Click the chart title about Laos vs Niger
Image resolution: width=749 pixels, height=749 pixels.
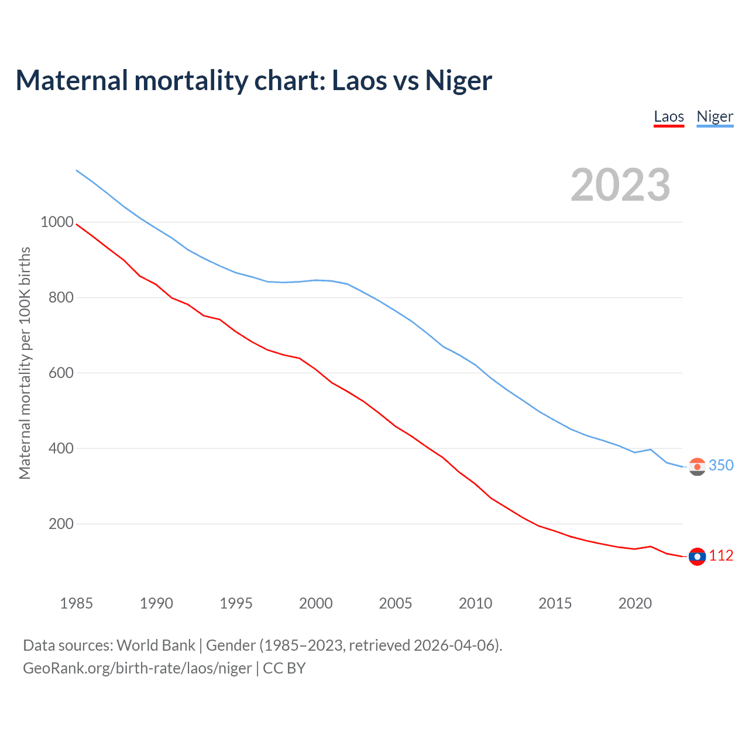(x=254, y=80)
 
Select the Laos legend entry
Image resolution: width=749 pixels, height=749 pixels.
(x=669, y=116)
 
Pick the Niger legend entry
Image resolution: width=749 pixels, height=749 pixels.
(x=714, y=116)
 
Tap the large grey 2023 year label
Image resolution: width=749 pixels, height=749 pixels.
(x=620, y=185)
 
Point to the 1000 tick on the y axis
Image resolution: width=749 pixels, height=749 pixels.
(x=57, y=222)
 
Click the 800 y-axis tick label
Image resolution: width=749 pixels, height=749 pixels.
(x=61, y=298)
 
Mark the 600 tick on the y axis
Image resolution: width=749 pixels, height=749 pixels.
(x=61, y=373)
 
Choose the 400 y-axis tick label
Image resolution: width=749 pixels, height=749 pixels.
(x=61, y=449)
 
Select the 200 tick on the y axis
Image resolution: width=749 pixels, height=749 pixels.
(x=61, y=524)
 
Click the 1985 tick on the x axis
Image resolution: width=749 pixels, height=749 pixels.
(x=77, y=603)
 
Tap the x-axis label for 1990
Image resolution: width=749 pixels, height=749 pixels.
(x=156, y=603)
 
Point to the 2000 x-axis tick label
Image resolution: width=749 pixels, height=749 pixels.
(x=316, y=603)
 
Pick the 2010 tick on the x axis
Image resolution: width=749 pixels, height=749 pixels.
(x=475, y=603)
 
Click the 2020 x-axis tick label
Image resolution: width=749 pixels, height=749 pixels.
(x=635, y=603)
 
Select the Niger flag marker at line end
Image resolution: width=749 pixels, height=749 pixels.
(x=697, y=467)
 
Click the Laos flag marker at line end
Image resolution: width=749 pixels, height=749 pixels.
(x=697, y=556)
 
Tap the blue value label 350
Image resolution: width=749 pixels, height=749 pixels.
(x=721, y=465)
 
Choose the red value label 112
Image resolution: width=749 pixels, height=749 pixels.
(x=721, y=555)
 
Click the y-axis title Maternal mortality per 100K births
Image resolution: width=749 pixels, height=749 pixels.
(x=25, y=363)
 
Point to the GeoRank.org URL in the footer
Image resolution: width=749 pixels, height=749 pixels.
(x=138, y=668)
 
